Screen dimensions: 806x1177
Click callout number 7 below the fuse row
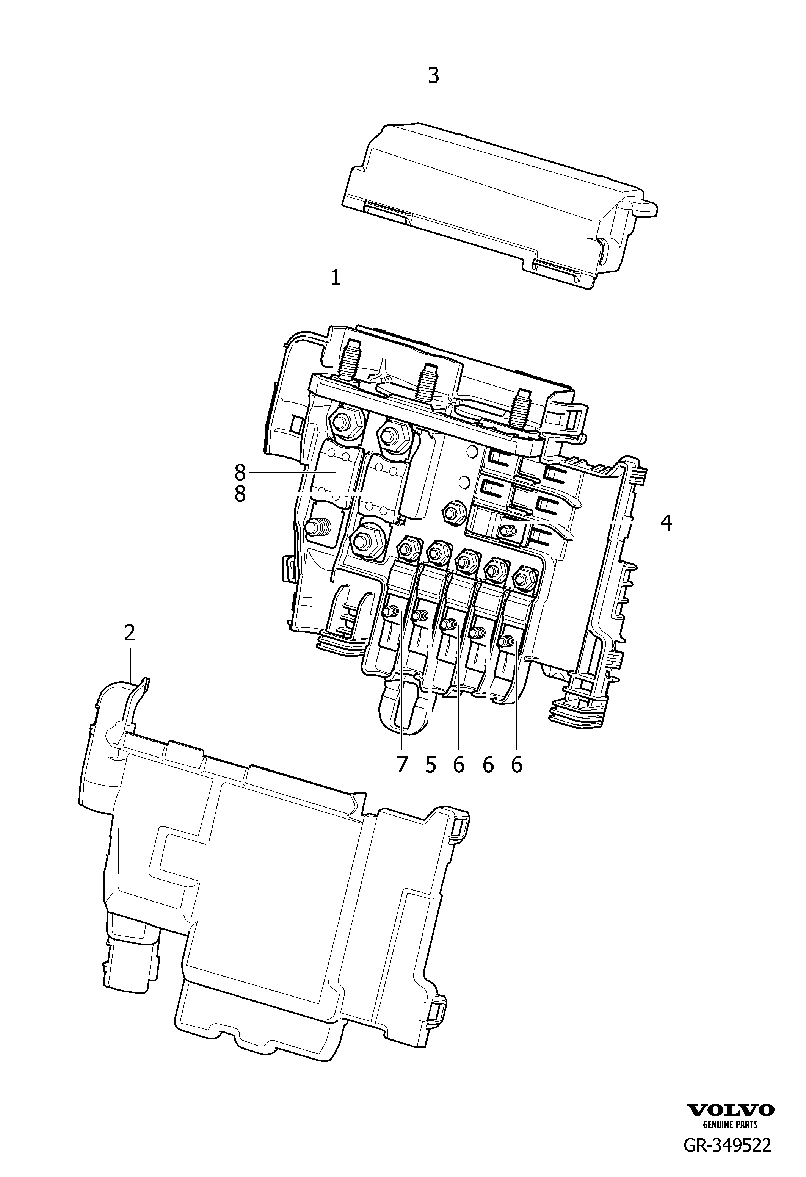(402, 765)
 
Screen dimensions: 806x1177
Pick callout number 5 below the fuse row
(431, 765)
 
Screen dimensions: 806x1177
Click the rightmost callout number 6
(516, 765)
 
